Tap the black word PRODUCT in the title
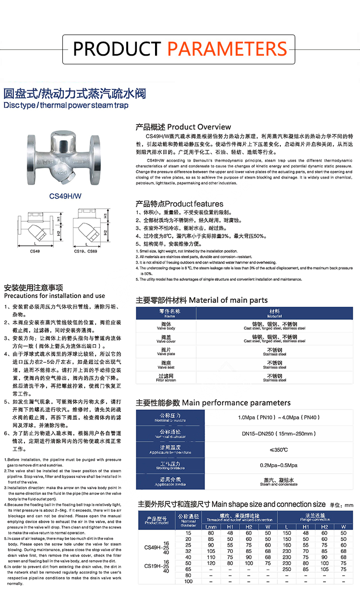tap(117, 48)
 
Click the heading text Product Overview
tap(199, 127)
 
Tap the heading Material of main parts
tap(228, 300)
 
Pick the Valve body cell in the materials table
tap(166, 326)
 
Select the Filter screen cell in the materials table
tap(166, 378)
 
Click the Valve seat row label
tap(166, 365)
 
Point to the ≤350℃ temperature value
tap(278, 450)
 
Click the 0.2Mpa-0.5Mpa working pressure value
tap(278, 465)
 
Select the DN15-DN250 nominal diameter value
tap(278, 433)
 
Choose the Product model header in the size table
tap(156, 520)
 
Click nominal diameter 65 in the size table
tap(188, 569)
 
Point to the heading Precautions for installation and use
tap(54, 296)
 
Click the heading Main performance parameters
tap(236, 402)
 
